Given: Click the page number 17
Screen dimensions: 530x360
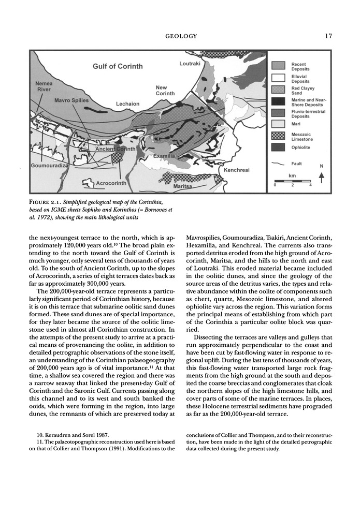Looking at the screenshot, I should point(328,36).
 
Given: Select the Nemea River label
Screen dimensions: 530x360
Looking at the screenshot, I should point(43,86).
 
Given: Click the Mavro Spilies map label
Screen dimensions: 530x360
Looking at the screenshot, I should point(71,100).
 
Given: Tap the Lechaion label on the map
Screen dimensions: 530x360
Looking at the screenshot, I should point(127,104).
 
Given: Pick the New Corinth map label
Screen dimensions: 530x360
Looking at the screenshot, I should point(165,91).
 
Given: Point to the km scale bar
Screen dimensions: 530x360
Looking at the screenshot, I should point(292,181).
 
